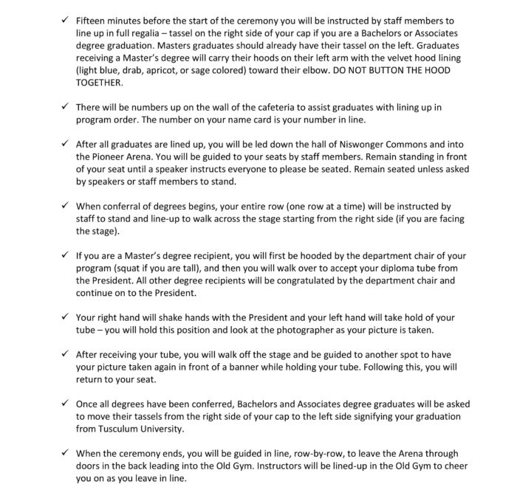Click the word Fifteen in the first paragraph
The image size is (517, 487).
tap(92, 21)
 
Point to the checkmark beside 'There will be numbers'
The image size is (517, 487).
tap(65, 108)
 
